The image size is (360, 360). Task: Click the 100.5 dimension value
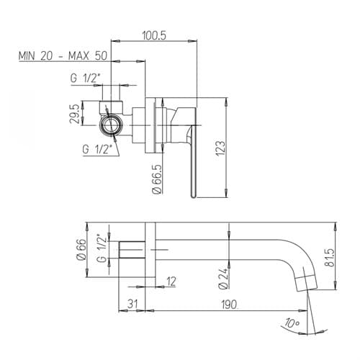154,35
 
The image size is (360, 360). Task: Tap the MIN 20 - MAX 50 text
63,56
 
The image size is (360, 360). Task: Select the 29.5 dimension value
74,114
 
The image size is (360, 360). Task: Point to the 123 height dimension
220,148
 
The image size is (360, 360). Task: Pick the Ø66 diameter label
81,249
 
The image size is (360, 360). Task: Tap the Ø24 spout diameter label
223,278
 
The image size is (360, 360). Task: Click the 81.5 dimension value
330,258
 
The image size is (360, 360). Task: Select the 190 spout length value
229,305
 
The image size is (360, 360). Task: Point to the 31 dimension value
132,304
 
